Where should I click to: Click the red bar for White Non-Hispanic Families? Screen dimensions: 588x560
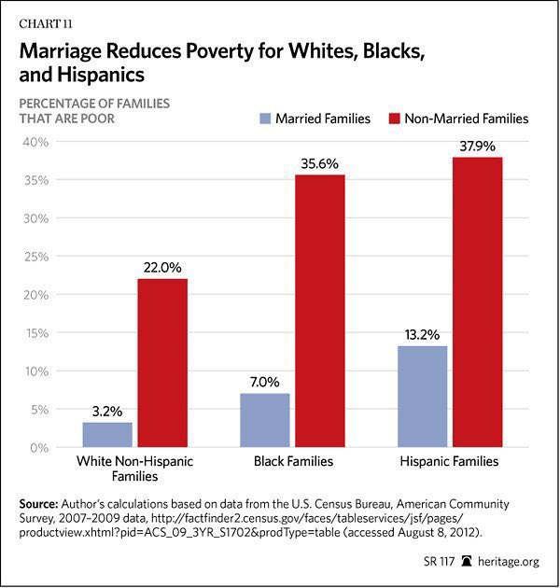[162, 363]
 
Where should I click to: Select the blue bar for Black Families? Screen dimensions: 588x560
[264, 420]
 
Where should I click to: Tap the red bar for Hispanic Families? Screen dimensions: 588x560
[477, 302]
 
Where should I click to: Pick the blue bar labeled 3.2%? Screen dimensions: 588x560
[107, 435]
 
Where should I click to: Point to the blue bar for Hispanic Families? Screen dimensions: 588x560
[423, 397]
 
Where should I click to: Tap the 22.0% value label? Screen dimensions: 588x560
[162, 267]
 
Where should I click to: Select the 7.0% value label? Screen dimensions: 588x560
[264, 382]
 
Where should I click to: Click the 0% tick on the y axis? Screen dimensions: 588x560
[39, 448]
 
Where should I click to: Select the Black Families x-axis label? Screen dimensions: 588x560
[292, 462]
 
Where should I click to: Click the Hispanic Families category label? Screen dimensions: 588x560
[450, 462]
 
